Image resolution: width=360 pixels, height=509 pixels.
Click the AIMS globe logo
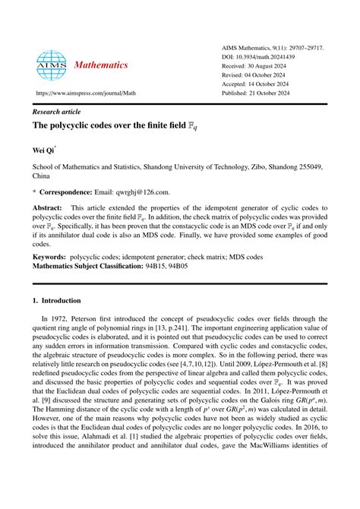click(x=52, y=65)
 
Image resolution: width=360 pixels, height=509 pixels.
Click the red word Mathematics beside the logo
click(x=102, y=65)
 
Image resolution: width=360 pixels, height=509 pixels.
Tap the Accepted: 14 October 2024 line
click(x=261, y=85)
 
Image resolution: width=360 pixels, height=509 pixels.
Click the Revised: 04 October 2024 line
click(x=260, y=76)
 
